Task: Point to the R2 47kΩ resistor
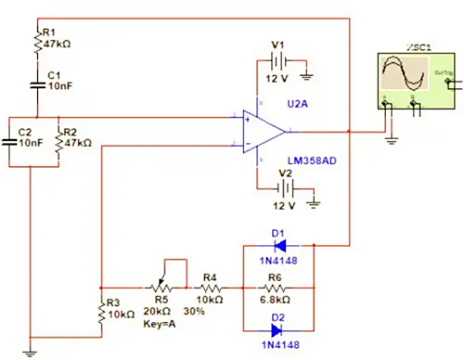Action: click(58, 144)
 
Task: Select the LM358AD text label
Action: click(315, 161)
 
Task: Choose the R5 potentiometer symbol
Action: click(161, 283)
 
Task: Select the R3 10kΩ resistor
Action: click(100, 315)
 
